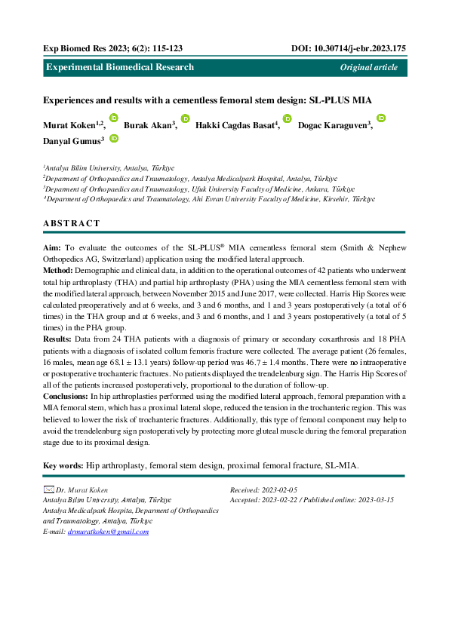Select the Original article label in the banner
click(368, 67)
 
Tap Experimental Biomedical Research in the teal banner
click(120, 67)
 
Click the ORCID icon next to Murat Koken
click(114, 118)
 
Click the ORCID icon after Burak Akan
click(185, 118)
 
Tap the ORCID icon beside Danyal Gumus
click(114, 138)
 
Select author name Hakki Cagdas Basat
click(236, 124)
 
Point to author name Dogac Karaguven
click(334, 124)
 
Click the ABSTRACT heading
click(71, 223)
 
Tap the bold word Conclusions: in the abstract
click(66, 396)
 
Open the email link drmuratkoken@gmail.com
click(108, 531)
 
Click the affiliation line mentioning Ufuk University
click(198, 189)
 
